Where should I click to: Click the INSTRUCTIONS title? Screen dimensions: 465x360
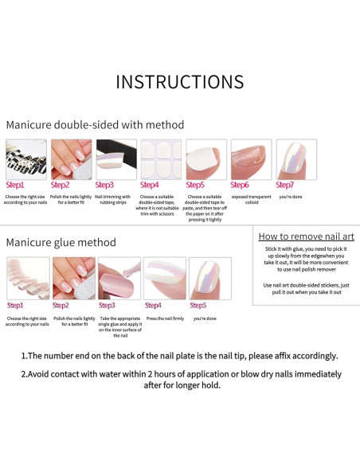point(179,82)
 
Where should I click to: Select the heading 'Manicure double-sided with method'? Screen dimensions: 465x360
point(95,125)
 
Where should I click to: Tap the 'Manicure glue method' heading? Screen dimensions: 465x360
point(61,242)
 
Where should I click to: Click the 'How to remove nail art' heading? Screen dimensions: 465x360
point(306,236)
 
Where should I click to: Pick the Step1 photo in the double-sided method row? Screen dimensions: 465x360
point(25,159)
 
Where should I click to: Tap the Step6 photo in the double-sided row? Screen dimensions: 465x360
point(251,159)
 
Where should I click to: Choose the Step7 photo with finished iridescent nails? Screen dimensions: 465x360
point(296,159)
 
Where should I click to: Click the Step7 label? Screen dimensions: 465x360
point(285,185)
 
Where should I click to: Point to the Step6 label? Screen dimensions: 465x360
point(240,185)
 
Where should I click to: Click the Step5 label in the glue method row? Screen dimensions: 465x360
point(198,305)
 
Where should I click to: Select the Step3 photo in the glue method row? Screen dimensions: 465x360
point(119,278)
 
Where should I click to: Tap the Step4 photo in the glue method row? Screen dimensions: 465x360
point(164,278)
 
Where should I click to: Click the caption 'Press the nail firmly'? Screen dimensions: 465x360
point(164,318)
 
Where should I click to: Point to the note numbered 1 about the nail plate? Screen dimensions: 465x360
point(179,356)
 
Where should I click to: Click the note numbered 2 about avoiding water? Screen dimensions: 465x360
point(181,379)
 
